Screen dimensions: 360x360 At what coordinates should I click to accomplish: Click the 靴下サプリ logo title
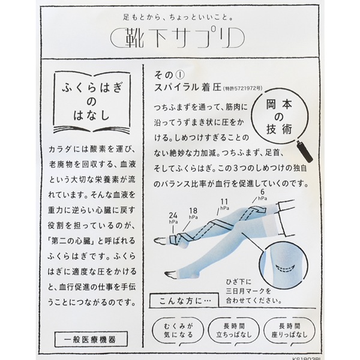click(x=178, y=38)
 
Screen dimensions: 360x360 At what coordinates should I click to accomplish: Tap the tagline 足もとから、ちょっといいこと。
click(x=178, y=17)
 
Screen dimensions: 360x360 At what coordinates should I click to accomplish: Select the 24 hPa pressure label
click(x=173, y=218)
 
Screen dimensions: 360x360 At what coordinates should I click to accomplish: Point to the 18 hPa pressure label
click(x=193, y=213)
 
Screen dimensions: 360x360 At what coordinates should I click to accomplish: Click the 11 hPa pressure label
click(x=225, y=205)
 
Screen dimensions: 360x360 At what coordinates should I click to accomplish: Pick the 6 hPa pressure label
click(x=263, y=194)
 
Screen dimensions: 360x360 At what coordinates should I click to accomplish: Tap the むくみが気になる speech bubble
click(x=178, y=331)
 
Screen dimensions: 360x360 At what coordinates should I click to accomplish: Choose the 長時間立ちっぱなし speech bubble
click(x=233, y=331)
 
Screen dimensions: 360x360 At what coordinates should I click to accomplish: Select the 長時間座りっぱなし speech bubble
click(x=289, y=331)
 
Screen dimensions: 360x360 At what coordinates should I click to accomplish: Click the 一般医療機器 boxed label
click(x=91, y=339)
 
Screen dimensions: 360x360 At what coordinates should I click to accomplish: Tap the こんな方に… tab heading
click(x=184, y=301)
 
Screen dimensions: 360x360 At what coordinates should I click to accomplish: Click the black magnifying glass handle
click(x=305, y=152)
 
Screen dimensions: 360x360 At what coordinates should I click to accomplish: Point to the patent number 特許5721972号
click(x=242, y=89)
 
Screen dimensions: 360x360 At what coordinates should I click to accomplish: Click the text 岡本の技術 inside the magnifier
click(x=279, y=117)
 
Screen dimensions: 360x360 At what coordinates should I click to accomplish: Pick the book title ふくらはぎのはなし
click(x=92, y=102)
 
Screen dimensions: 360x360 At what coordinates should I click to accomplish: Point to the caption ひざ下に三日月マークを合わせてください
click(x=254, y=291)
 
